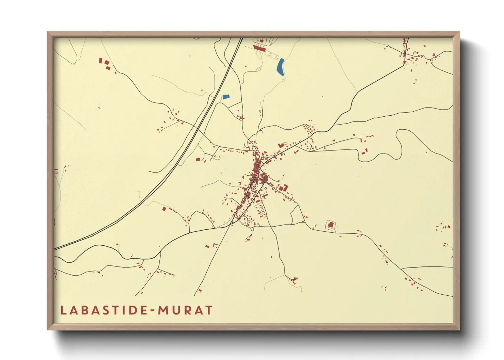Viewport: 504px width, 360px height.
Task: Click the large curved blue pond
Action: pyautogui.click(x=281, y=67)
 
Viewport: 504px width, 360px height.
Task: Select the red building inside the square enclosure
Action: pyautogui.click(x=330, y=225)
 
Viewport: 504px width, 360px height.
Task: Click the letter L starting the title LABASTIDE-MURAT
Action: pyautogui.click(x=63, y=310)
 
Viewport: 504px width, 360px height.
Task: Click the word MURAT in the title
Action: pyautogui.click(x=185, y=310)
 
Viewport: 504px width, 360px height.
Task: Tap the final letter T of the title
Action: pyautogui.click(x=208, y=310)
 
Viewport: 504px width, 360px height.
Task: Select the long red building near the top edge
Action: pyautogui.click(x=259, y=48)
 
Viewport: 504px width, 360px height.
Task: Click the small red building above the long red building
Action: pyautogui.click(x=261, y=41)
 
